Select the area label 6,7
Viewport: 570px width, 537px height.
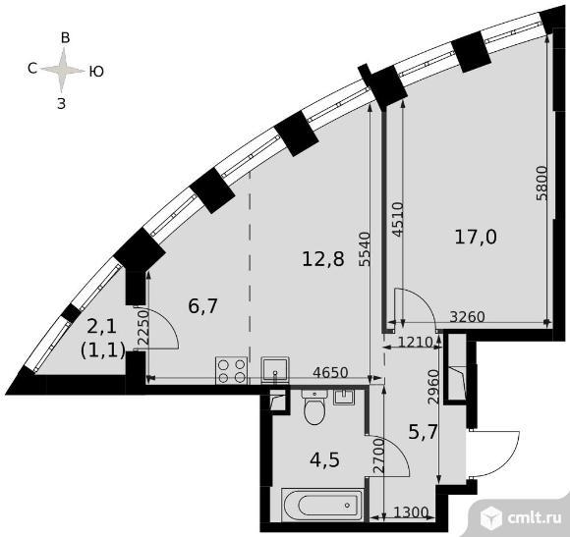202,305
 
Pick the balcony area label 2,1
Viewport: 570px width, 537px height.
102,325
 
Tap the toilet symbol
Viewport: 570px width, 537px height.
315,408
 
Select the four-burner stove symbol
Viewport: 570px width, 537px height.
232,369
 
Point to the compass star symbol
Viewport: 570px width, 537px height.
65,70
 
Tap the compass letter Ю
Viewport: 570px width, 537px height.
97,71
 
